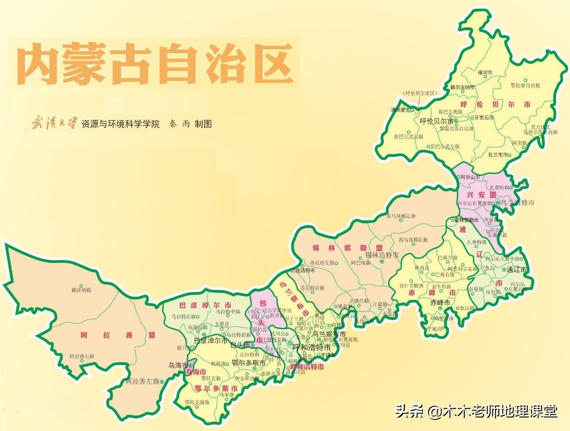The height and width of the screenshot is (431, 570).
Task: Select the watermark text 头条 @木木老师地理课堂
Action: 476,411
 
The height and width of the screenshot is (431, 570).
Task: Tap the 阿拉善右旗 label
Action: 82,357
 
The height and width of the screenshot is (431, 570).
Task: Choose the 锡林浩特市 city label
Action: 382,255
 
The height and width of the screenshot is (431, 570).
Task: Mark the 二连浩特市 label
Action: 305,270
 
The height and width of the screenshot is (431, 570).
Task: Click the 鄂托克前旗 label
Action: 196,402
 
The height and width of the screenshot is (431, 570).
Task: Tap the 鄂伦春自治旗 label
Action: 525,86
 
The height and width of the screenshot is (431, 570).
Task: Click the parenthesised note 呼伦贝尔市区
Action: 421,93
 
